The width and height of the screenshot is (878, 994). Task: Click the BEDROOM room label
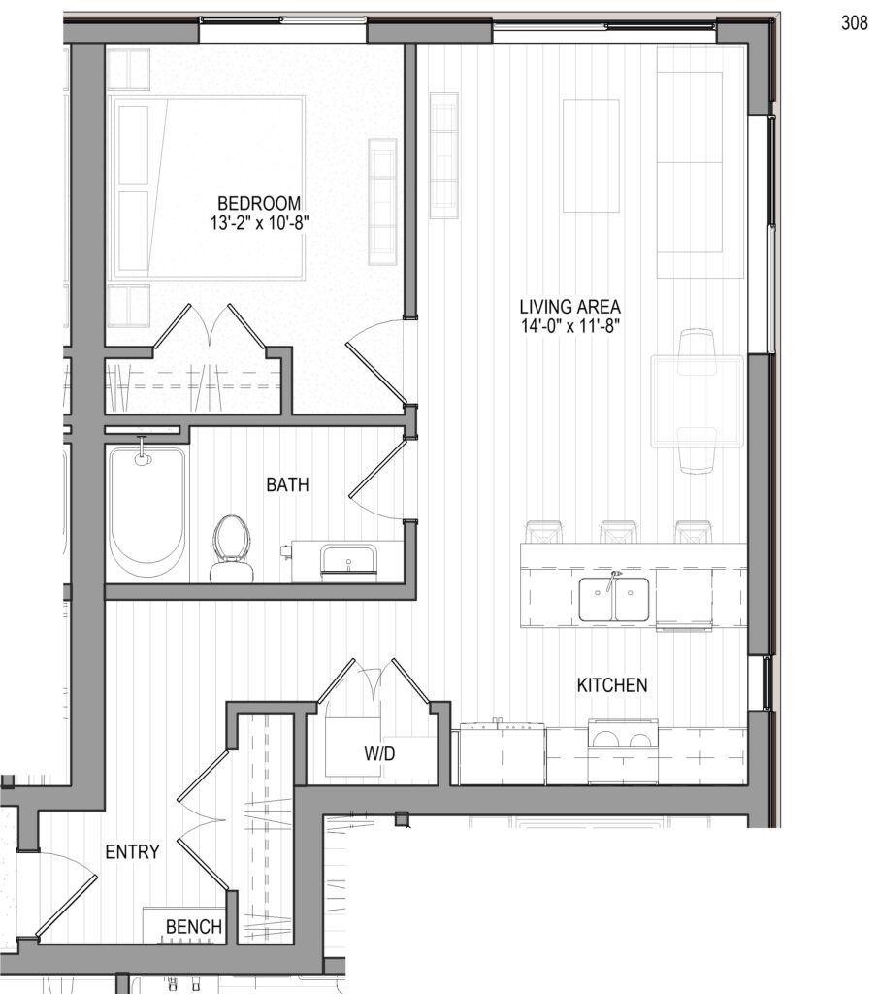coord(259,204)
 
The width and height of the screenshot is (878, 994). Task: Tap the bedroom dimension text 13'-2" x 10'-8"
coord(259,224)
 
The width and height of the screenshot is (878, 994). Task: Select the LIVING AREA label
coord(570,307)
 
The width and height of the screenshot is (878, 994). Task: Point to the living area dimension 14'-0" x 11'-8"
coord(570,327)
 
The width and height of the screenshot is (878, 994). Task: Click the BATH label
coord(287,485)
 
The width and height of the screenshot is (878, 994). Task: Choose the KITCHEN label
coord(612,685)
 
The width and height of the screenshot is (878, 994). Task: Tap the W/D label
coord(379,753)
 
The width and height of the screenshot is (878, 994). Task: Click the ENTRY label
coord(132,852)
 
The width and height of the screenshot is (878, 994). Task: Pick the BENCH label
coord(194,927)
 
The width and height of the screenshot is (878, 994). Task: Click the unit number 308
coord(855,23)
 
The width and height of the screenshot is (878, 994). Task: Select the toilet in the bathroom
coord(231,548)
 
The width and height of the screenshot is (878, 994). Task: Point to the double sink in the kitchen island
coord(614,599)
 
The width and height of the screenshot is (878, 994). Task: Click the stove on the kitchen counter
coord(623,751)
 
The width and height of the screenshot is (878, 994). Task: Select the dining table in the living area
coord(697,401)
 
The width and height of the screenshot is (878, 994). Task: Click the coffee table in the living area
coord(591,156)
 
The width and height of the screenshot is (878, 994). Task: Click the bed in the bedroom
coord(207,187)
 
